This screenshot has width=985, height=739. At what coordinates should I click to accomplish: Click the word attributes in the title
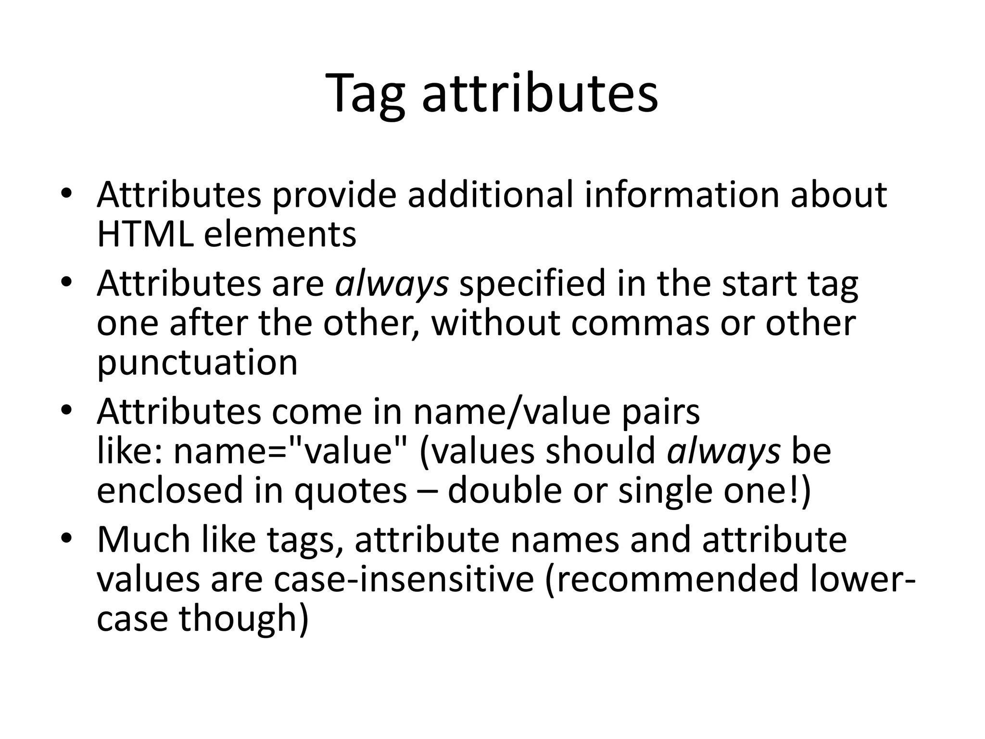point(539,94)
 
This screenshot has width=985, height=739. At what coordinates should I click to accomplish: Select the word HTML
point(145,234)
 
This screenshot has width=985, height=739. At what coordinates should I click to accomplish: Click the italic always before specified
point(391,284)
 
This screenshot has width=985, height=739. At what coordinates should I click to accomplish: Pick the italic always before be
point(723,451)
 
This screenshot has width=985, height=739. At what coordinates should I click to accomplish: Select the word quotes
point(351,491)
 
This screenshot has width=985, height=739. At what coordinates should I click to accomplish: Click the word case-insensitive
point(404,579)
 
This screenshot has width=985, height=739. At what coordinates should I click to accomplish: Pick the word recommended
point(673,579)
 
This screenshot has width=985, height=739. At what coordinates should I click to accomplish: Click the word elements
point(280,234)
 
